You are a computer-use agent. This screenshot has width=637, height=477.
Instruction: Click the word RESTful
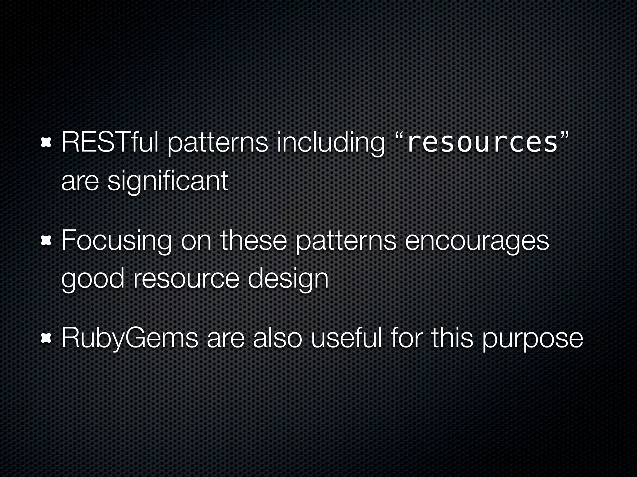[110, 143]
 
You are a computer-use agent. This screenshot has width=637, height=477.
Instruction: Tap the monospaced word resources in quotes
[482, 143]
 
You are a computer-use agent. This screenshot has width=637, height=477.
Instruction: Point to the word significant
[168, 181]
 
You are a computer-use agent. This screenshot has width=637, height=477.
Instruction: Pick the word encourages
[477, 242]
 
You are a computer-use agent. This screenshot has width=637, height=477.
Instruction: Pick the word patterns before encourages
[346, 242]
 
